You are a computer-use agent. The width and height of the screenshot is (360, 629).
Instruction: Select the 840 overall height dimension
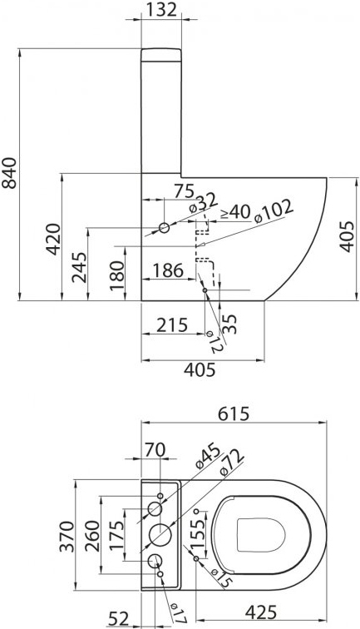10,172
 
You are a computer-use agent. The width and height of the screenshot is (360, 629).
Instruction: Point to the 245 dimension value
79,267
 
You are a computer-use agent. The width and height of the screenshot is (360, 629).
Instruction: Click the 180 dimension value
118,272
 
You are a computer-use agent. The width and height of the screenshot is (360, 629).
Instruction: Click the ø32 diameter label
203,201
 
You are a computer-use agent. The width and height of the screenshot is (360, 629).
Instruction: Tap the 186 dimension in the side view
168,270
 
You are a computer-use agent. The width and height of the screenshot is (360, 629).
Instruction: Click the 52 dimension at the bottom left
120,617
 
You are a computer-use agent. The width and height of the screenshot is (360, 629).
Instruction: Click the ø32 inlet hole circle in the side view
164,227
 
